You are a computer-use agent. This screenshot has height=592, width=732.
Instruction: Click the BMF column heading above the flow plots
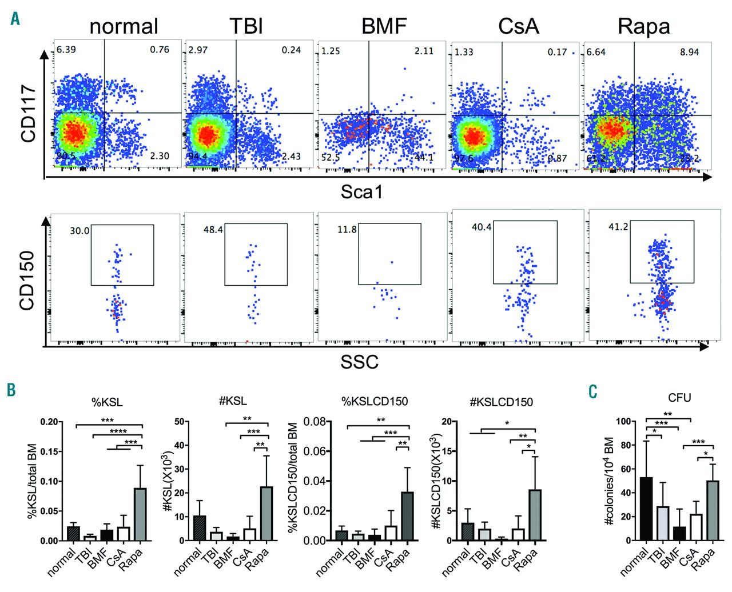(x=384, y=26)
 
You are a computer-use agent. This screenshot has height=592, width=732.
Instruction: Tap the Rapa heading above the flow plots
(x=643, y=27)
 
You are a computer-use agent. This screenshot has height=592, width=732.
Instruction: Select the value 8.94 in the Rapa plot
(x=689, y=52)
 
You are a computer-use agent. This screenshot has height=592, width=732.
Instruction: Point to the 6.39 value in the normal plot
(x=66, y=50)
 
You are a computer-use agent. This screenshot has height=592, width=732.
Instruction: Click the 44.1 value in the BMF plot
(x=424, y=157)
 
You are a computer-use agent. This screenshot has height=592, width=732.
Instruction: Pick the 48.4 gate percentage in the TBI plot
(x=213, y=230)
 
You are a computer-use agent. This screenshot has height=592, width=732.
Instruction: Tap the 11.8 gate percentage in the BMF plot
(x=347, y=230)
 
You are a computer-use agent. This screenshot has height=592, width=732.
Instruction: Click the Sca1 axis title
(x=362, y=192)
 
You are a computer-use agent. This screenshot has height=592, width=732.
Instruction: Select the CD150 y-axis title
(x=27, y=280)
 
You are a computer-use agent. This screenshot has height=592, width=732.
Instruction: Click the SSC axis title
(x=359, y=362)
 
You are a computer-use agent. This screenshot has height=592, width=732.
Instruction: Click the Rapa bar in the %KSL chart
(x=140, y=514)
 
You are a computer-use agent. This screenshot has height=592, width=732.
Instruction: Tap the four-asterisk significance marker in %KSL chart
(x=118, y=431)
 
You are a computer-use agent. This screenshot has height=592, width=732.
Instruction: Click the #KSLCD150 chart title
(x=501, y=402)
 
